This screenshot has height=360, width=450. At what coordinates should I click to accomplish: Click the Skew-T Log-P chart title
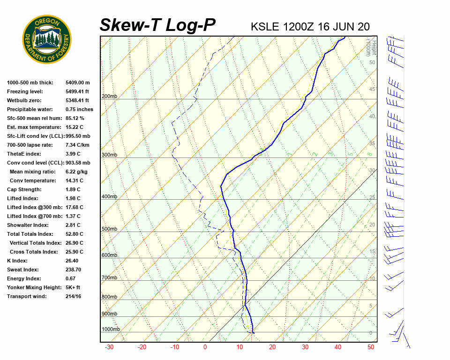tap(157, 25)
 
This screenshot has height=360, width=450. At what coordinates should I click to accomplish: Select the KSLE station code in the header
tap(266, 26)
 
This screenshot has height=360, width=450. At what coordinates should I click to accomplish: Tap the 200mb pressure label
tap(109, 97)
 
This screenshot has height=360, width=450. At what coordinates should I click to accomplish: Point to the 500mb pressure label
tap(109, 229)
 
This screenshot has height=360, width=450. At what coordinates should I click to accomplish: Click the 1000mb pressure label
tap(111, 329)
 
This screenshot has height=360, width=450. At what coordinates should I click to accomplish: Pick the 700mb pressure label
tap(109, 278)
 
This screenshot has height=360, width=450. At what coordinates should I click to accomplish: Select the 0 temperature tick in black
tap(205, 347)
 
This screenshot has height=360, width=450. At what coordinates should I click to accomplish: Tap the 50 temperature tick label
tap(371, 347)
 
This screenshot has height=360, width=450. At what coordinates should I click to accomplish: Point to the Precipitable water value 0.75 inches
tap(79, 109)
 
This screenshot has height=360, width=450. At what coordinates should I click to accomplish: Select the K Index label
tap(17, 261)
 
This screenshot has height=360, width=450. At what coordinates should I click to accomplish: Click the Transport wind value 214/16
tap(74, 296)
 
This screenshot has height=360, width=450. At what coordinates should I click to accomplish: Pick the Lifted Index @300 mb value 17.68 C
tap(75, 207)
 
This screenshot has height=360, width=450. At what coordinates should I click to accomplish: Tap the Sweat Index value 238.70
tap(74, 270)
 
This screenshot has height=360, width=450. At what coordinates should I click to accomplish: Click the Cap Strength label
tap(24, 189)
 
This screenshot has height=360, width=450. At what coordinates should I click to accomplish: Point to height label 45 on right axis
tap(372, 90)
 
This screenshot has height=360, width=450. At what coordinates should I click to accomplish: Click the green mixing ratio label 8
tap(369, 154)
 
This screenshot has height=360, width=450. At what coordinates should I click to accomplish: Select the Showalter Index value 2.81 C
tap(73, 225)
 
